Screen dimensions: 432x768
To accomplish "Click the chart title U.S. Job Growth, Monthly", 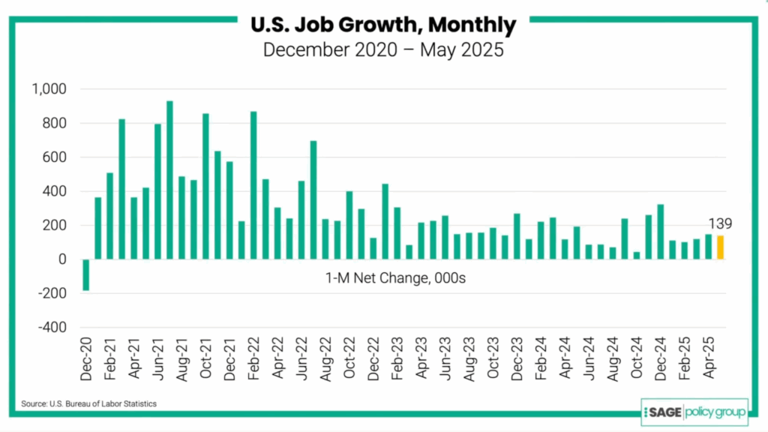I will [383, 25].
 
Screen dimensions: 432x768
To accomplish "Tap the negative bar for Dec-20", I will [85, 275].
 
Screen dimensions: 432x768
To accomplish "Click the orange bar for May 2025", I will [720, 247].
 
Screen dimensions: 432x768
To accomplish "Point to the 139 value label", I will [719, 223].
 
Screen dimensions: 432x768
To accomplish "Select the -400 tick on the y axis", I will [52, 328].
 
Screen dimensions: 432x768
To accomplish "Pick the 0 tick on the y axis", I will [62, 259].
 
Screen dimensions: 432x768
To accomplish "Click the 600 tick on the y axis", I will [55, 157].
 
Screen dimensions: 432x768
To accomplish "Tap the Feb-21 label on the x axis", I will [109, 360].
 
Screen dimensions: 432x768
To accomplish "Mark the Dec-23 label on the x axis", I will [517, 360].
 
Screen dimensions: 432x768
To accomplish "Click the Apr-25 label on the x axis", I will [708, 360].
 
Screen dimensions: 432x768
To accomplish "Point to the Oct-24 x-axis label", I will [637, 360].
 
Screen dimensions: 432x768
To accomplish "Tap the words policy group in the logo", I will [711, 411].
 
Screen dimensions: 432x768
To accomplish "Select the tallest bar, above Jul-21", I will [169, 180].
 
